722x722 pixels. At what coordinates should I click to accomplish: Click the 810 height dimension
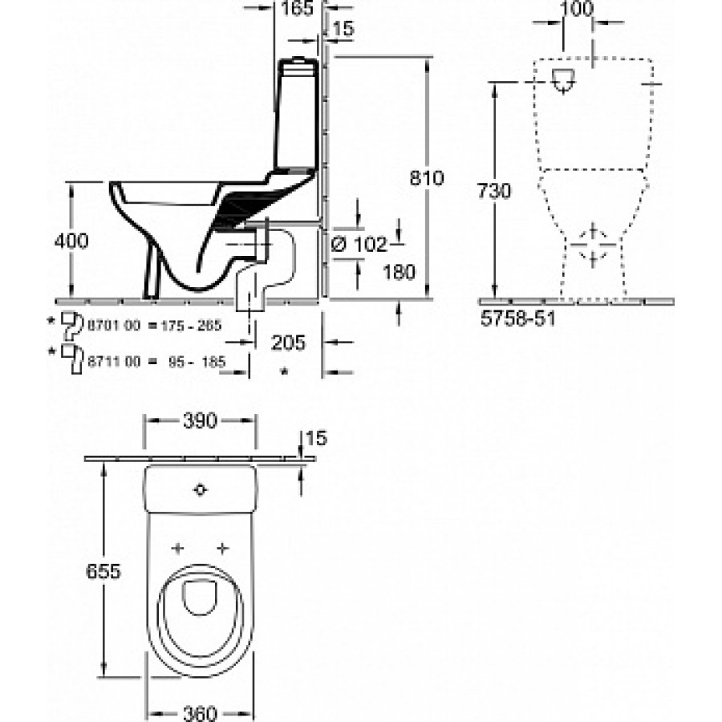point(427,178)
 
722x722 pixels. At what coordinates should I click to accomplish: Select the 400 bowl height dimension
point(71,241)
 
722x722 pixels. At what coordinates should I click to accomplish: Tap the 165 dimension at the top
point(297,8)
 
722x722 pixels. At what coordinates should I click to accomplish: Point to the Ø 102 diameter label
point(359,244)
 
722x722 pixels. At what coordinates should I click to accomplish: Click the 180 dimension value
point(400,272)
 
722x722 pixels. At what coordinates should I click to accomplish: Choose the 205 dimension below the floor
point(288,343)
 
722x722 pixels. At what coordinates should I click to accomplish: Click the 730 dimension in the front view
point(493,191)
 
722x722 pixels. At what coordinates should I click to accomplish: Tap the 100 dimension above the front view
point(578,8)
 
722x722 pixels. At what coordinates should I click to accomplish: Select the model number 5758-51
point(517,318)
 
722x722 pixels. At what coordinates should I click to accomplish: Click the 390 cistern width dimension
point(200,420)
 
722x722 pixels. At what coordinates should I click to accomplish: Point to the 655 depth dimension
point(103,571)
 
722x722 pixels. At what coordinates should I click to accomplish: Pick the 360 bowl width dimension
point(200,714)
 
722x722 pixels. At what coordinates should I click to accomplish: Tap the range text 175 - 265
point(191,326)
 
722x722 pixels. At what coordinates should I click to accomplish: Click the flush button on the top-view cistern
point(200,489)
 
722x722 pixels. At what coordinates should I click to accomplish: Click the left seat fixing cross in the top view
point(178,548)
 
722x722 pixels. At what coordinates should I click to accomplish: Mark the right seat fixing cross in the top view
point(223,548)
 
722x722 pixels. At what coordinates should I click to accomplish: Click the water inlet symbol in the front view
point(563,80)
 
